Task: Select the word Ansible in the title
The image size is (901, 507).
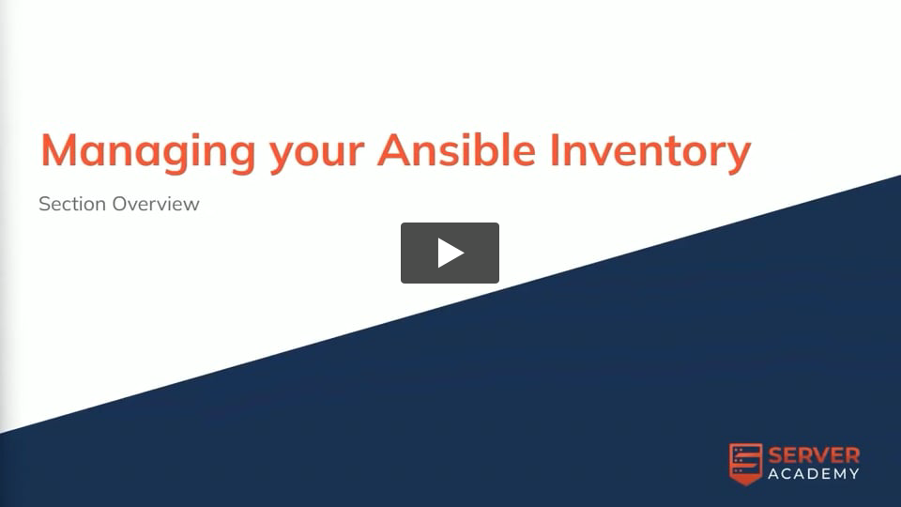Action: (x=457, y=149)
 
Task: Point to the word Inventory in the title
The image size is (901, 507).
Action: (x=650, y=153)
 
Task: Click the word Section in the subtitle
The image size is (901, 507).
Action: (x=72, y=204)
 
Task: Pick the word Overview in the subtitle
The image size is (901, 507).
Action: (x=156, y=204)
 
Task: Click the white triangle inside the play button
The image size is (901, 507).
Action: (x=450, y=253)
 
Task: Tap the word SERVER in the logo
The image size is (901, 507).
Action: (x=814, y=456)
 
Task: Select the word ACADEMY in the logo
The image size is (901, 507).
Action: (x=814, y=473)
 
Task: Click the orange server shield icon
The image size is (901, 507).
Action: (x=746, y=464)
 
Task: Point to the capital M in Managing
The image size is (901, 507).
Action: (x=59, y=150)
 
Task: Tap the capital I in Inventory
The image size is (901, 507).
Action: (x=555, y=150)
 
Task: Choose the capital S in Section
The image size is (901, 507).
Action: (x=44, y=204)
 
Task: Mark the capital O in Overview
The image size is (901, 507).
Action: (x=120, y=204)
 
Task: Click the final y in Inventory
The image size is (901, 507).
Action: (x=739, y=159)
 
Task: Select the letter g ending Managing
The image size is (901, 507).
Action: (x=242, y=159)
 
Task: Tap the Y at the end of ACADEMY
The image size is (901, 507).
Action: (x=854, y=473)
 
